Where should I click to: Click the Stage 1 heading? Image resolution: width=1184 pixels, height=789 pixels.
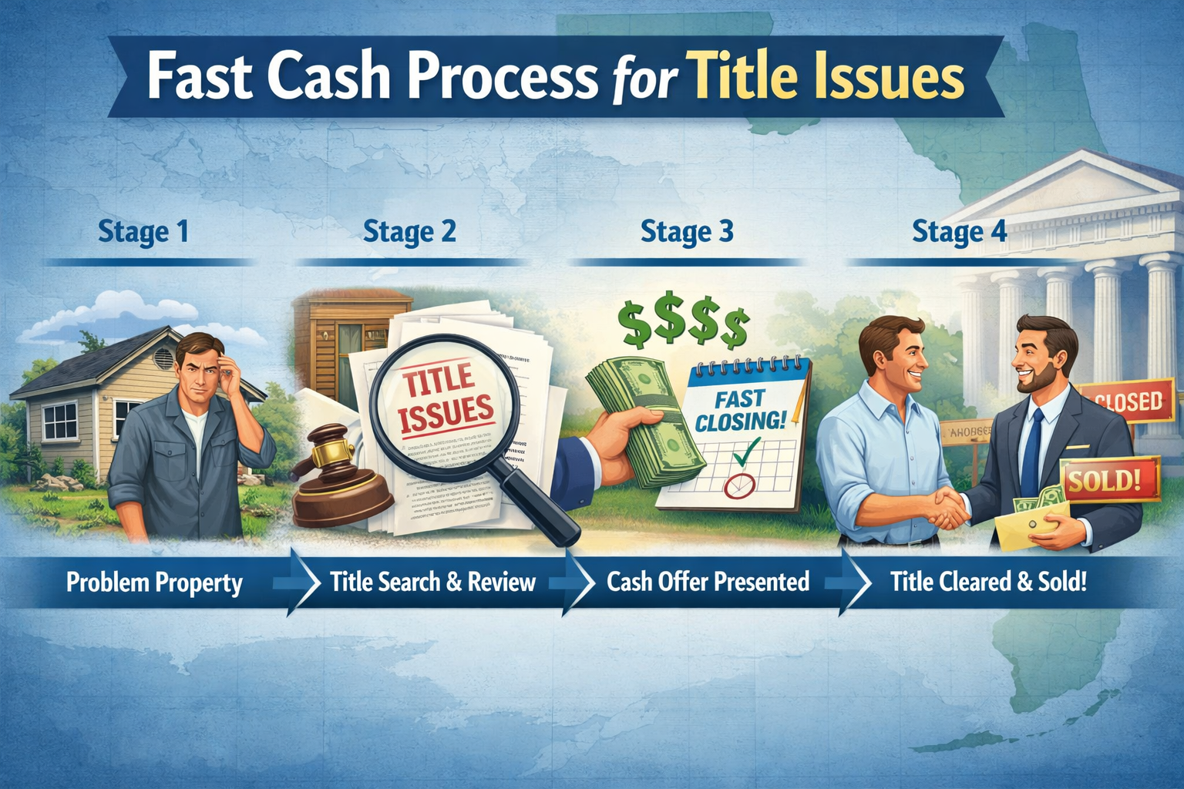tap(143, 231)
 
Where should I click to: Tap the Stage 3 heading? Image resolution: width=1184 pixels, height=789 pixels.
tap(687, 231)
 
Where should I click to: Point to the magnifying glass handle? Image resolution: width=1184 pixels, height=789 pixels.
tap(543, 505)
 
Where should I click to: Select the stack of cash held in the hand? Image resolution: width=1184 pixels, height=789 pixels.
tap(644, 420)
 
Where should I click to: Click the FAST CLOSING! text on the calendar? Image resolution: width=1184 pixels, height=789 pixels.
tap(740, 410)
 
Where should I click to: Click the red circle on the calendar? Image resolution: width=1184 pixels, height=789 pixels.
tap(740, 485)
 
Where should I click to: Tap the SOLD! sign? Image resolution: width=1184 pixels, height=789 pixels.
tap(1104, 481)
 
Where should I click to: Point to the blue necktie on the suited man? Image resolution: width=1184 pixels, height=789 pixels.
tap(1031, 455)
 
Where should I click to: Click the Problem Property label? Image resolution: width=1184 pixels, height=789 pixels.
tap(154, 582)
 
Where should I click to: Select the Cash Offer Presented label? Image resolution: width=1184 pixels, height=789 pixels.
tap(708, 581)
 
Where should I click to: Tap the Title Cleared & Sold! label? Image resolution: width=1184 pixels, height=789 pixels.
tap(988, 581)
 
